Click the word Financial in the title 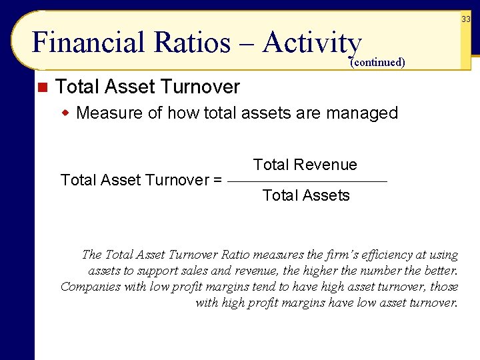[x=87, y=43]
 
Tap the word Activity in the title [x=312, y=43]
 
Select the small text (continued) [x=377, y=63]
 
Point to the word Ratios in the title [x=192, y=43]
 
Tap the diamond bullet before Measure [x=66, y=112]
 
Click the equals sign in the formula [x=217, y=180]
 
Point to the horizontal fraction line [x=307, y=181]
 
